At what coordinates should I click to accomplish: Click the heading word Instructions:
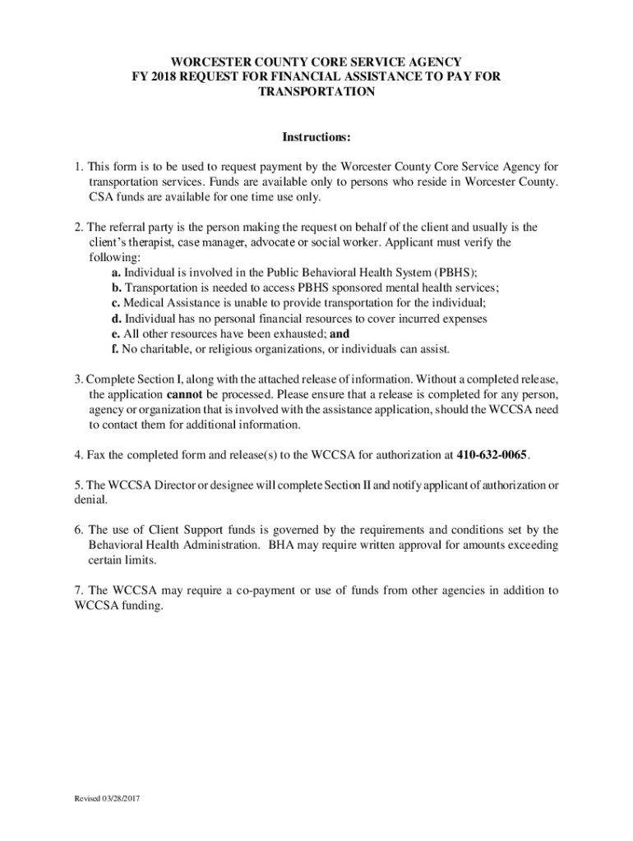click(x=316, y=136)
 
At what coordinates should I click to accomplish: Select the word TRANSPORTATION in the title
click(x=316, y=92)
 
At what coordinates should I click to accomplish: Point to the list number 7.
click(x=78, y=591)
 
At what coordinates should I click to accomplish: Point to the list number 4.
click(x=78, y=454)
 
